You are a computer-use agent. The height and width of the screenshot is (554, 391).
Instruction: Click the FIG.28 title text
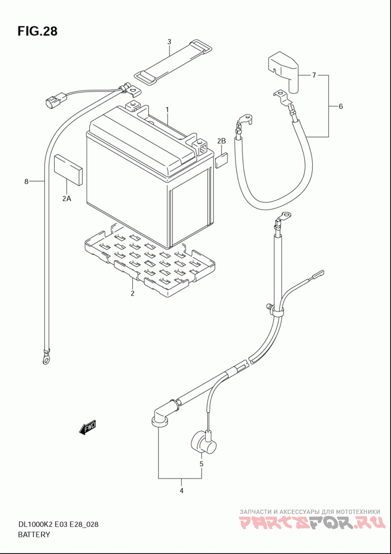[x=37, y=31]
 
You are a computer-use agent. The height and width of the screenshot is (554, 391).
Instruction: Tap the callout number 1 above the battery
[x=167, y=110]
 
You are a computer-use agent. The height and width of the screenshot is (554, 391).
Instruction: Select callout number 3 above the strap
[x=169, y=42]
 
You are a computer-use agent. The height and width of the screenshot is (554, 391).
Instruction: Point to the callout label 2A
[x=66, y=199]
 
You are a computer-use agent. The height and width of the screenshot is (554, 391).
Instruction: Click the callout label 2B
[x=221, y=142]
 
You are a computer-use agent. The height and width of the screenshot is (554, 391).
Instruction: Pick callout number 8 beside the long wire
[x=26, y=182]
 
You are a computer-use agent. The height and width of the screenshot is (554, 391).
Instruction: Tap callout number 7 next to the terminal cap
[x=314, y=75]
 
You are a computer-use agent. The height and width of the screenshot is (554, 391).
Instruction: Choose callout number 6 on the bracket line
[x=341, y=106]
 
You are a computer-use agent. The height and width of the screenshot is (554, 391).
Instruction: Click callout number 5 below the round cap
[x=201, y=464]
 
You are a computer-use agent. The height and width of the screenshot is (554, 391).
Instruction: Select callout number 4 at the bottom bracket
[x=181, y=491]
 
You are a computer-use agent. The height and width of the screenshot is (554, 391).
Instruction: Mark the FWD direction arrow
[x=87, y=428]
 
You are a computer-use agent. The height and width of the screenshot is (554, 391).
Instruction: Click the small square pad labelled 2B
[x=221, y=161]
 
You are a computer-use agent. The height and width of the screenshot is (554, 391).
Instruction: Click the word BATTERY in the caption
[x=34, y=534]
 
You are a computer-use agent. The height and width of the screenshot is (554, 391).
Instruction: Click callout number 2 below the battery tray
[x=132, y=293]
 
